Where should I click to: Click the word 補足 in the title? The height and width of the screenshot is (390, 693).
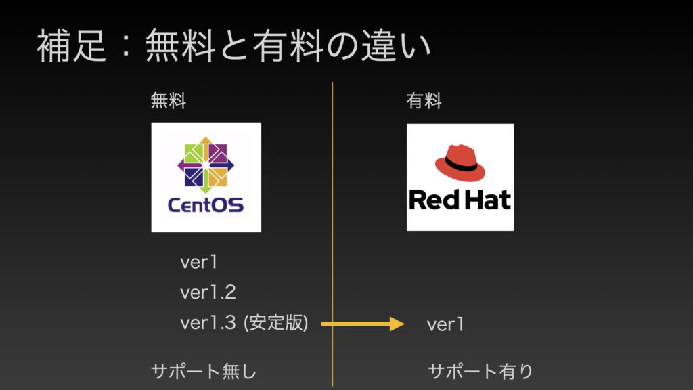click(x=72, y=47)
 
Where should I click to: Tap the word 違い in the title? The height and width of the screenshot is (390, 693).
click(x=396, y=47)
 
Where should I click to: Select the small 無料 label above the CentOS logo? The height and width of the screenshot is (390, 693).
click(x=169, y=101)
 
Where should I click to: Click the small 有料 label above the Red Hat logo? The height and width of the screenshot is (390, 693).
click(x=424, y=101)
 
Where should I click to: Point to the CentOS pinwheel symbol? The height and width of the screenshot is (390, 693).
click(x=206, y=165)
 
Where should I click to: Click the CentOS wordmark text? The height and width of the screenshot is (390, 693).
click(x=206, y=204)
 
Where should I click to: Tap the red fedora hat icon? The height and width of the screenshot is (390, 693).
click(x=460, y=163)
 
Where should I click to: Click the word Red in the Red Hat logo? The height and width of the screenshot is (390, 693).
click(x=434, y=200)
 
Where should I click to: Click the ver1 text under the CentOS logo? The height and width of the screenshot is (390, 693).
click(x=199, y=262)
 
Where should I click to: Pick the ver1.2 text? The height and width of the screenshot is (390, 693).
click(x=208, y=292)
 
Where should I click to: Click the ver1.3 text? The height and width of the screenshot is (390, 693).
click(x=208, y=323)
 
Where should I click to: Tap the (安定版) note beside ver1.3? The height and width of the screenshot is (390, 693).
click(x=276, y=323)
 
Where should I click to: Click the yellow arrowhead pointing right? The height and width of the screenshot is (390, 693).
click(x=397, y=324)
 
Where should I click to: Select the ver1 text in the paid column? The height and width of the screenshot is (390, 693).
click(x=445, y=324)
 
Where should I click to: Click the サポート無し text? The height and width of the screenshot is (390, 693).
click(x=204, y=371)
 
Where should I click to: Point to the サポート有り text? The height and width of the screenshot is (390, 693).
click(x=481, y=371)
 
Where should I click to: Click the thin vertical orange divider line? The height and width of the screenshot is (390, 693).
click(x=333, y=234)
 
